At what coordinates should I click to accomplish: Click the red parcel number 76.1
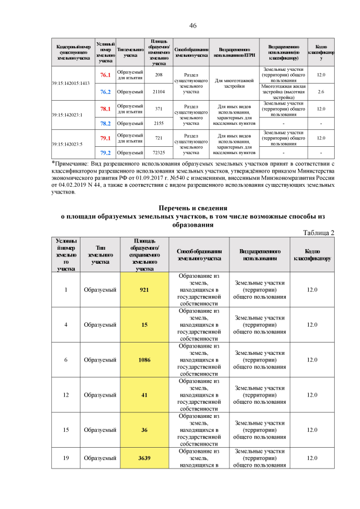tap(105, 75)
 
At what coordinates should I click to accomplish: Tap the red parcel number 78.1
tap(105, 109)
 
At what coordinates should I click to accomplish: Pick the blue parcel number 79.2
tap(105, 152)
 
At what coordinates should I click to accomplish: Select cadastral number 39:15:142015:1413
tap(71, 83)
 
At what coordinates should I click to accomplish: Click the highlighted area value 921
tap(145, 290)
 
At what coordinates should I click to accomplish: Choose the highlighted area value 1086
tap(145, 360)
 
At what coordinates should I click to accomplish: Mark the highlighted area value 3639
tap(145, 458)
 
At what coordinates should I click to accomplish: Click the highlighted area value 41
tap(145, 395)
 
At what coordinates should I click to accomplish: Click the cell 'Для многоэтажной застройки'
tap(234, 83)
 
